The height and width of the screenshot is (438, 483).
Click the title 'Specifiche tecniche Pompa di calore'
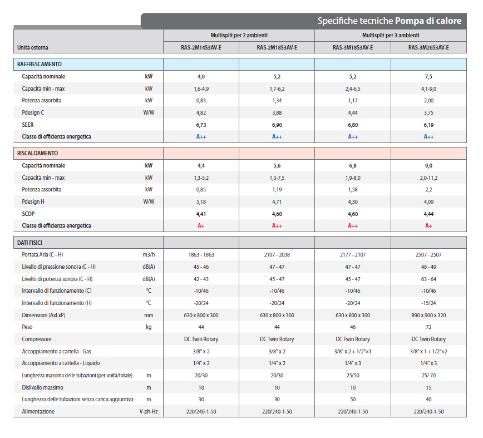(390, 21)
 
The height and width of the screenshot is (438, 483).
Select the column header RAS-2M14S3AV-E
(201, 47)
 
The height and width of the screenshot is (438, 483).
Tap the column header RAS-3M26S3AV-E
(428, 47)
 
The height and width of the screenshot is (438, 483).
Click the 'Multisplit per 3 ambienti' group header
(391, 36)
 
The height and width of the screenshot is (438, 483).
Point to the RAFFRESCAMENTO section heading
(40, 64)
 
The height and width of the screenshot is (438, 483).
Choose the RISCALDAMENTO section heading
(38, 153)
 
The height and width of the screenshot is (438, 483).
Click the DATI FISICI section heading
(29, 243)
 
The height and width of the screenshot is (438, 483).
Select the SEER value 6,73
(201, 125)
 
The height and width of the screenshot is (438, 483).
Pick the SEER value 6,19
(428, 125)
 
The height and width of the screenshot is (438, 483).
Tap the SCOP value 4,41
(201, 214)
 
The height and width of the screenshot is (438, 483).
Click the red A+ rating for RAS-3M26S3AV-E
(428, 226)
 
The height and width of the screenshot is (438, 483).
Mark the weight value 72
(428, 327)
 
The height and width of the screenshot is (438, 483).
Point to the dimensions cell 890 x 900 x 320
(428, 316)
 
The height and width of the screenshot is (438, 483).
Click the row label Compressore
(37, 339)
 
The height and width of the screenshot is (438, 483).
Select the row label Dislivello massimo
(42, 387)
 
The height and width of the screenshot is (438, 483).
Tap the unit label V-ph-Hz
(149, 411)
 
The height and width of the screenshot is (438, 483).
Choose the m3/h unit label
(149, 255)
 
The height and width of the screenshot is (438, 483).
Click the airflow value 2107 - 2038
(277, 255)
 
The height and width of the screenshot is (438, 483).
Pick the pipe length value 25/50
(353, 376)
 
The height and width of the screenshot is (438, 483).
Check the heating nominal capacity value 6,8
(353, 166)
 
